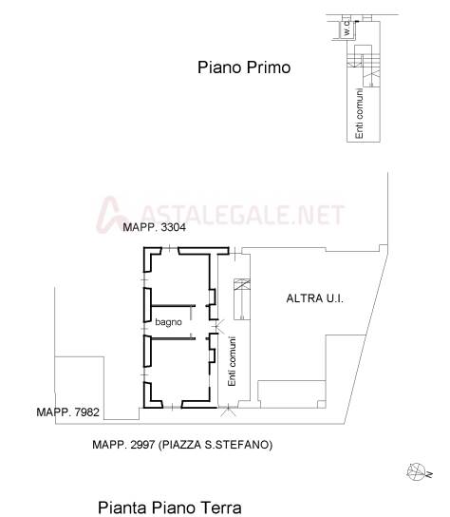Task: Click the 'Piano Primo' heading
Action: [x=244, y=67]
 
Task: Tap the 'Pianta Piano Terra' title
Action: [x=170, y=507]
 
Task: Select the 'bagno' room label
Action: [x=168, y=322]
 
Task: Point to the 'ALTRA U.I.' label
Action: [x=314, y=298]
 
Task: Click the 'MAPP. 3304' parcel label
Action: [x=154, y=227]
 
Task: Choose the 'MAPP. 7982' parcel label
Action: [x=67, y=412]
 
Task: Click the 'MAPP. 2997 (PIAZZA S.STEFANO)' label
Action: [x=182, y=445]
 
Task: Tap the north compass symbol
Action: [x=419, y=472]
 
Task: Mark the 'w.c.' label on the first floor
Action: [x=347, y=29]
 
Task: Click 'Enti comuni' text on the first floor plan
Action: [x=359, y=113]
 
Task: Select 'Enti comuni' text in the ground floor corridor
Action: [x=232, y=361]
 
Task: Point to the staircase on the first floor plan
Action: [x=364, y=66]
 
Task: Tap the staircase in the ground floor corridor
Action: [x=242, y=299]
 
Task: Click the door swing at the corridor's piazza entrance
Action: [x=227, y=411]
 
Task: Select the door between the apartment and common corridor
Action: [x=218, y=326]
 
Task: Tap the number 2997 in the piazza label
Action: [x=142, y=445]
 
